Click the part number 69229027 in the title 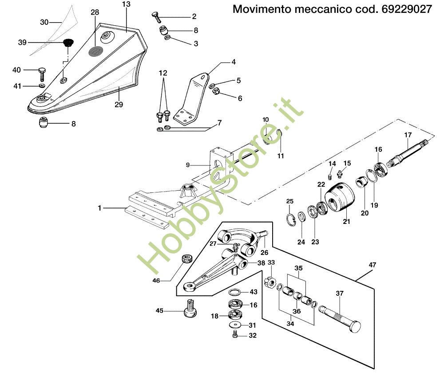[406, 9]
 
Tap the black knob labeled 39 [68, 43]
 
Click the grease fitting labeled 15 [340, 172]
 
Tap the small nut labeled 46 [186, 258]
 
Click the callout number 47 [372, 265]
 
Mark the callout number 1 [100, 208]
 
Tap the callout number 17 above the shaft [408, 135]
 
